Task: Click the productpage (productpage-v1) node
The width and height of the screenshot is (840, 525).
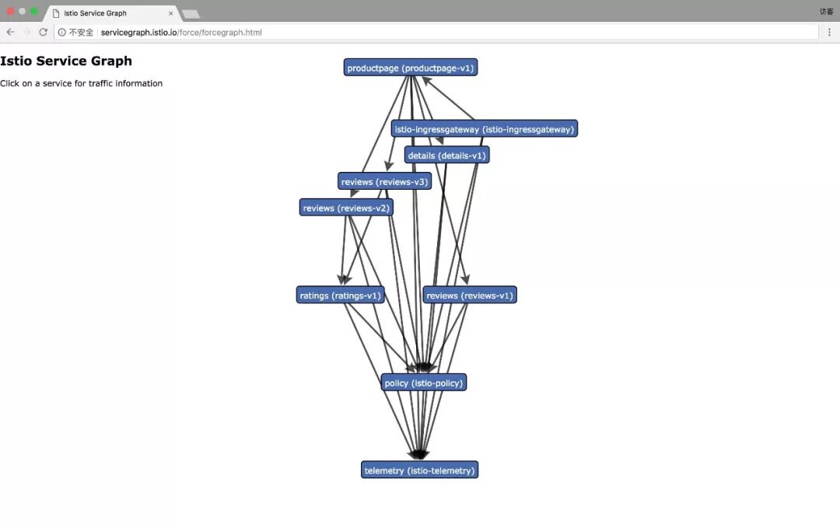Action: click(410, 68)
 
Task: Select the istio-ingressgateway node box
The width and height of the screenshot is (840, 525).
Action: click(484, 129)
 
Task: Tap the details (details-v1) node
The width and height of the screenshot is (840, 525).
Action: click(446, 156)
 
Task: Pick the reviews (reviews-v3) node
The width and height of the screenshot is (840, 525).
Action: click(384, 182)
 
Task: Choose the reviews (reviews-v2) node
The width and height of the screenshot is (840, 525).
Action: click(346, 208)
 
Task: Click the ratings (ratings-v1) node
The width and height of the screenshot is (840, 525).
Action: click(341, 296)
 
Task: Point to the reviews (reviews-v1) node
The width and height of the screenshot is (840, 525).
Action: click(470, 296)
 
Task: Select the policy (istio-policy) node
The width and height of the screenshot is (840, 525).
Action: click(425, 383)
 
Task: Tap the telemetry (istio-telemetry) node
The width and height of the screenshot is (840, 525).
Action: click(419, 471)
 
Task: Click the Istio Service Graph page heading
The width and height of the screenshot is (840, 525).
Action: click(66, 61)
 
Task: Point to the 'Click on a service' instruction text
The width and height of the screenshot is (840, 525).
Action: click(81, 83)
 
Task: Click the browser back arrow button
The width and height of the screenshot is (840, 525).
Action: click(10, 32)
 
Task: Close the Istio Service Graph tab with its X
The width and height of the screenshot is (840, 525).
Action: click(170, 13)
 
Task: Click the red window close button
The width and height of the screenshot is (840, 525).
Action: click(10, 11)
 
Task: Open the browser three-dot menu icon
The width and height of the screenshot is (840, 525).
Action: click(829, 32)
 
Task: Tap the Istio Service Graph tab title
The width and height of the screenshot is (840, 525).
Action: click(95, 13)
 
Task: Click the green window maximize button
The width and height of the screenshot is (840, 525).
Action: click(33, 11)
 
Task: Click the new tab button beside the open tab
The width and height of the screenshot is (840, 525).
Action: click(191, 14)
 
